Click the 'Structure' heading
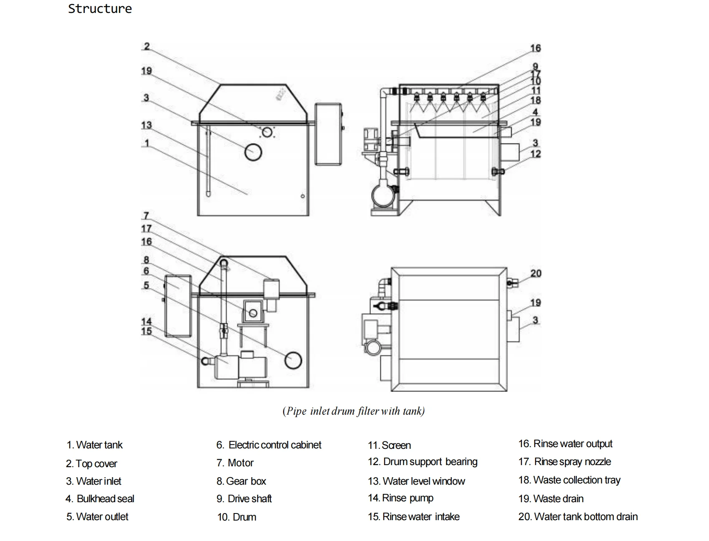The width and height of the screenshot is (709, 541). point(100,9)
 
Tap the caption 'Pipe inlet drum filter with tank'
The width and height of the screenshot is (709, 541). point(354,411)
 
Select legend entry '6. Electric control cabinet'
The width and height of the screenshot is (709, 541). point(269,445)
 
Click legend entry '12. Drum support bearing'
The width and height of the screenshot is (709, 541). point(422,462)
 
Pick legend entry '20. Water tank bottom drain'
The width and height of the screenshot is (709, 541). point(578,517)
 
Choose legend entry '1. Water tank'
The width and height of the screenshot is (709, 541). point(95,445)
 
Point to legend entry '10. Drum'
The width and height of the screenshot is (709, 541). point(236,517)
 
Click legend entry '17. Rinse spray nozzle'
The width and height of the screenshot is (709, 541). point(565,462)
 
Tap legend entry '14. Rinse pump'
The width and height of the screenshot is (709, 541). point(401,498)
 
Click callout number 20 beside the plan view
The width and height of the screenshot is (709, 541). point(536,274)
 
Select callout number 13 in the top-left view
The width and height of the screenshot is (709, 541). point(146,125)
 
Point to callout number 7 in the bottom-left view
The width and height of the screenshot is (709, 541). point(146,216)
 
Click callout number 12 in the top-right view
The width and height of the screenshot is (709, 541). point(536,154)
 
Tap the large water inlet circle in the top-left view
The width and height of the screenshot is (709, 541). point(253,152)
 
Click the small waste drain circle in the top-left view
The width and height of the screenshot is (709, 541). point(267,133)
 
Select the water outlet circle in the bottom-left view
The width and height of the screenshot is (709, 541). point(293,360)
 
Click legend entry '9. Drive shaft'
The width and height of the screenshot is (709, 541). point(244,499)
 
